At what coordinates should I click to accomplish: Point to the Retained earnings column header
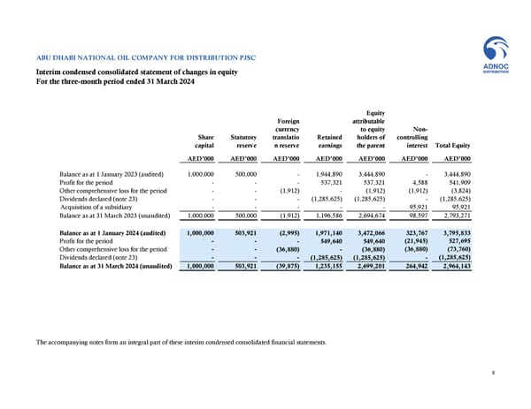[x=327, y=141]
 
